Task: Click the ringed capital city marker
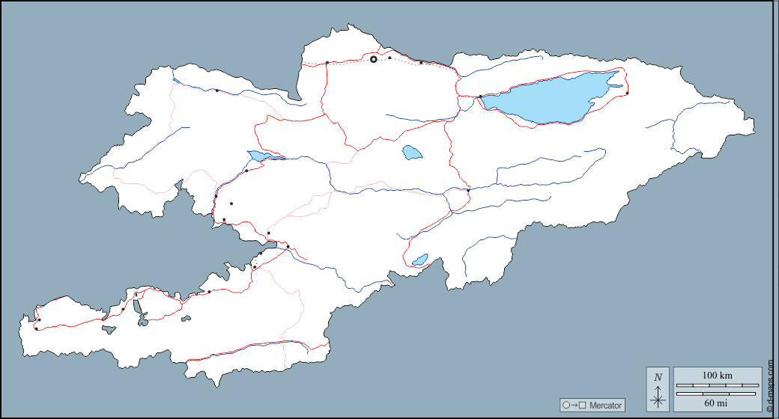(x=374, y=59)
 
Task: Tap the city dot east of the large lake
(x=627, y=94)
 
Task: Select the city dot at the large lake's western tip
(x=480, y=97)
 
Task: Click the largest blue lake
(x=551, y=97)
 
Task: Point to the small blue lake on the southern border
(x=419, y=260)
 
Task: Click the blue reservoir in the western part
(x=258, y=156)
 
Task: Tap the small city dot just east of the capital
(x=389, y=58)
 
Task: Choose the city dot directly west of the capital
(x=327, y=63)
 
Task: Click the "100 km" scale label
(x=717, y=375)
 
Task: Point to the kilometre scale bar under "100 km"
(x=717, y=385)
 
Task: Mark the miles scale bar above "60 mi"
(x=717, y=393)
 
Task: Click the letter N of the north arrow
(x=658, y=377)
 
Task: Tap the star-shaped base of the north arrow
(x=658, y=400)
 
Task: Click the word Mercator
(x=605, y=406)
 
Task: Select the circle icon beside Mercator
(x=566, y=405)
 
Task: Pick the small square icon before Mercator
(x=582, y=405)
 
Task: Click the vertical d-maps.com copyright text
(x=770, y=385)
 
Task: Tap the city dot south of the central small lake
(x=468, y=191)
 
